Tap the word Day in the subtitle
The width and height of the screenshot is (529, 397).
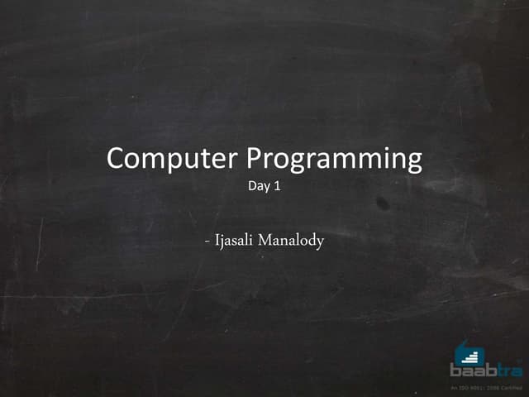[x=258, y=187]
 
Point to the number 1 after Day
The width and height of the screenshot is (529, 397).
[x=278, y=186]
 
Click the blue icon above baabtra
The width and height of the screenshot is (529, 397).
[x=469, y=352]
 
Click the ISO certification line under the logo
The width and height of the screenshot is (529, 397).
[x=486, y=387]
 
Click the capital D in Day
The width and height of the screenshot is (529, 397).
[x=252, y=186]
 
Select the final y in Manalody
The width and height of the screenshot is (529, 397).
[x=320, y=245]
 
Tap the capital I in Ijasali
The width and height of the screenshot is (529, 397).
[x=217, y=242]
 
